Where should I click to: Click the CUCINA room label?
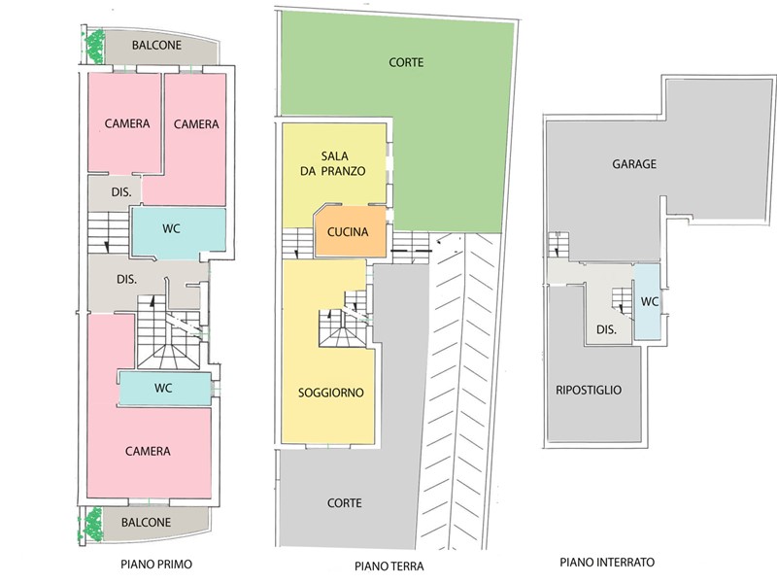(x=348, y=231)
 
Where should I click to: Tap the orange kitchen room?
(x=351, y=231)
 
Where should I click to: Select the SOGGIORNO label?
(x=331, y=393)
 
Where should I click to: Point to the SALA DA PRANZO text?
(x=333, y=163)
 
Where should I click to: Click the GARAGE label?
(x=634, y=164)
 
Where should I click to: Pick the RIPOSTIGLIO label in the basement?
(x=589, y=391)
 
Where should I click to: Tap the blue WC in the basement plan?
(x=648, y=301)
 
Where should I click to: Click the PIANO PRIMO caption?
(x=156, y=565)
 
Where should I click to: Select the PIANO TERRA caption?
(x=389, y=566)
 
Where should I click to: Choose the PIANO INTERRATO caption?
(x=607, y=563)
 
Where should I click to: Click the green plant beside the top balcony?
(x=94, y=47)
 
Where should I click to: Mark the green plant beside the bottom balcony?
(x=92, y=525)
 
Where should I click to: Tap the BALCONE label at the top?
(x=156, y=45)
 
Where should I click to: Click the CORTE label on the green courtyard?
(x=406, y=62)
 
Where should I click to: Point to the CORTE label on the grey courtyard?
(x=345, y=503)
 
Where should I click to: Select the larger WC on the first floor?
(x=179, y=233)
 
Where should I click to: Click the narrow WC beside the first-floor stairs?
(x=165, y=388)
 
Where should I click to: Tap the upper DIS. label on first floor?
(x=121, y=192)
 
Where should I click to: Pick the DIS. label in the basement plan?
(x=606, y=329)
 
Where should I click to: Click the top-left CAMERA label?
(x=127, y=123)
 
